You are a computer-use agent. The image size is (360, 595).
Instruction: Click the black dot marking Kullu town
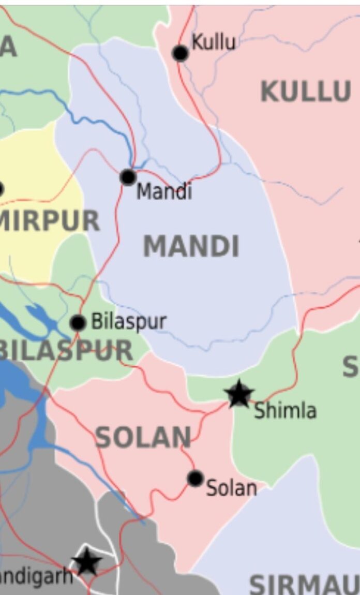pos(180,53)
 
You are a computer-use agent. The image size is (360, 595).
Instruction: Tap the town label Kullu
pos(213,42)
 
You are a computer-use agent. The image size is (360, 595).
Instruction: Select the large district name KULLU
pos(306,92)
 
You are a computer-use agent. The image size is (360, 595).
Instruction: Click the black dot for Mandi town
pos(128,177)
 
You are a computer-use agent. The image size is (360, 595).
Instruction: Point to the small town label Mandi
pos(164,192)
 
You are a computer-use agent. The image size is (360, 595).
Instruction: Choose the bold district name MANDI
pos(191,246)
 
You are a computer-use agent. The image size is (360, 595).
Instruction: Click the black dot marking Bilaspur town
pos(78,323)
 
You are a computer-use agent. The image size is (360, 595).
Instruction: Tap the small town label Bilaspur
pos(129,321)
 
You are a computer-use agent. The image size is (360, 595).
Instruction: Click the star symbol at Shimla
pos(239,394)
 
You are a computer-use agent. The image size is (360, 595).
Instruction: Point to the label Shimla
pos(285,411)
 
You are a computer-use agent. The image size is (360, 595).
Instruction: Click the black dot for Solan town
pos(195,479)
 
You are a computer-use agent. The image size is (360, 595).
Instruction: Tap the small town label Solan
pos(231,488)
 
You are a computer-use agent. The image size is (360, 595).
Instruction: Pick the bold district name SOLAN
pos(143,438)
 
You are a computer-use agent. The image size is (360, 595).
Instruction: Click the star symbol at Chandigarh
pos(86,562)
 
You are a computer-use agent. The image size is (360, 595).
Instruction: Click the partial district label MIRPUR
pos(50,221)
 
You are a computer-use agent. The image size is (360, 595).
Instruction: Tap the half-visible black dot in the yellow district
pos(2,189)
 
